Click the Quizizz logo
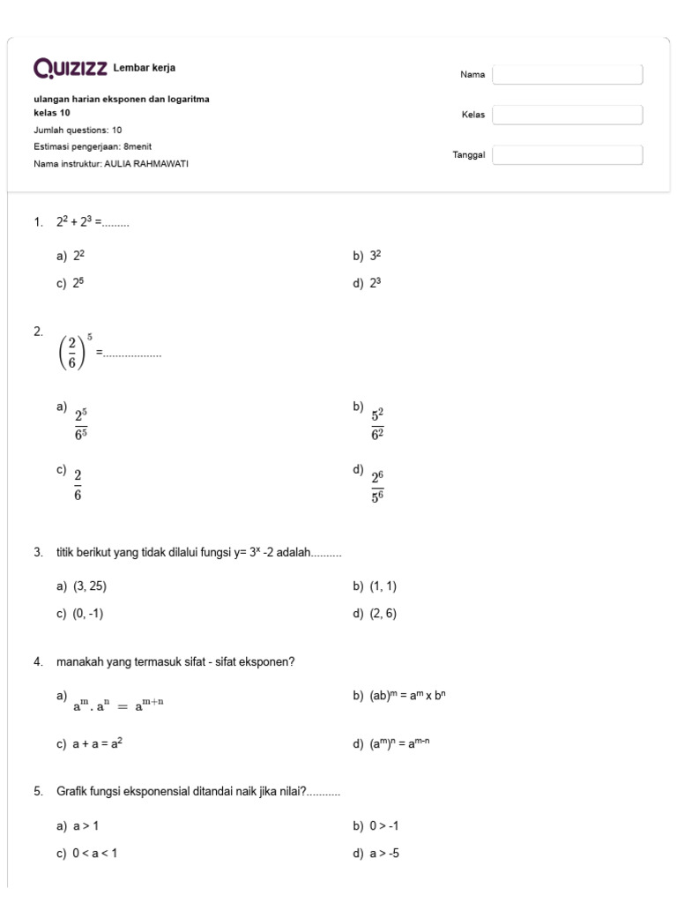pos(71,68)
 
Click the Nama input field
pos(567,75)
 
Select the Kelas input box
pos(567,115)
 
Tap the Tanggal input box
pos(567,155)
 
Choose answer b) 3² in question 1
pos(376,256)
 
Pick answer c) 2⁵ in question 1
pos(79,283)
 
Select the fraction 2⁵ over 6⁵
pos(81,423)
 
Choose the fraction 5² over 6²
pos(377,423)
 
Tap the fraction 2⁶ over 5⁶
pos(377,487)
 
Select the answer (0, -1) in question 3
pos(88,614)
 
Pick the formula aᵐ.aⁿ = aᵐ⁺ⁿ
pos(119,704)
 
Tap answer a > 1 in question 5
pos(86,826)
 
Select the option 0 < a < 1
pos(94,854)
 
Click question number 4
pos(39,662)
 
